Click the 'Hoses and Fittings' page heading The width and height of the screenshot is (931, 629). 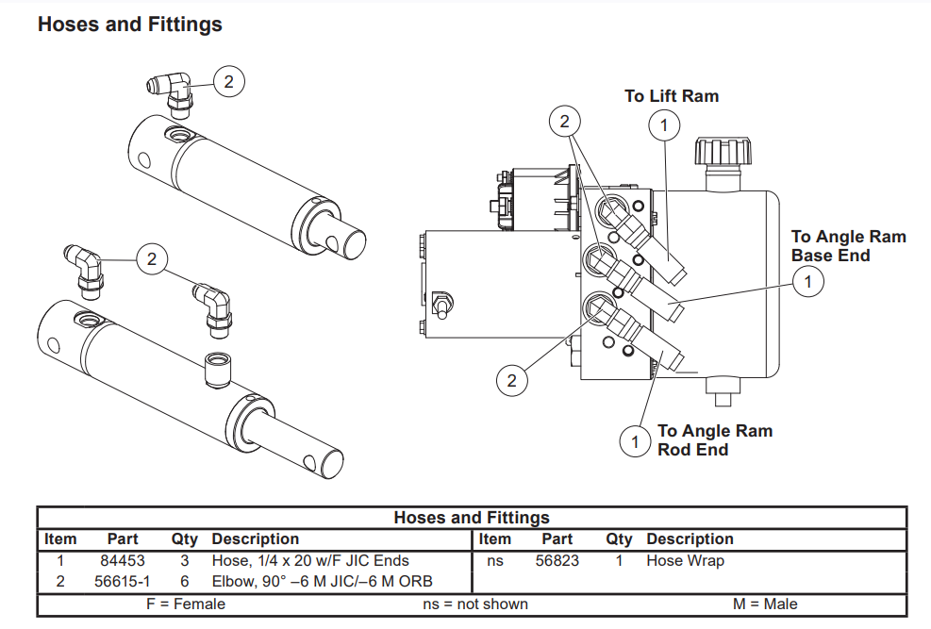point(130,25)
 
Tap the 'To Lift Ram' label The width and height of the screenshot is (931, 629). point(672,96)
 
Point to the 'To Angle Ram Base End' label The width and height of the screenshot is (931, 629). point(848,246)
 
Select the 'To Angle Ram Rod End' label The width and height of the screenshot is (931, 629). point(714,440)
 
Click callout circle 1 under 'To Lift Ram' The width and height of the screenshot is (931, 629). point(664,124)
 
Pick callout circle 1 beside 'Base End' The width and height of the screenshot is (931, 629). point(807,280)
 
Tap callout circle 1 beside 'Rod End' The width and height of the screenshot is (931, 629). point(635,440)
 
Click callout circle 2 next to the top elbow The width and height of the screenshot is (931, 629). point(228,82)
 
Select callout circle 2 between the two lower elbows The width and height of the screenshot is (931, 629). point(152,257)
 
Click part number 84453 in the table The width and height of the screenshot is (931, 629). point(123,560)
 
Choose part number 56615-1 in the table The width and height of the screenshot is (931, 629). point(123,581)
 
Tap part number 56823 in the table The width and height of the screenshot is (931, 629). point(557,560)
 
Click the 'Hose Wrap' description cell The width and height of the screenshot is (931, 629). point(685,560)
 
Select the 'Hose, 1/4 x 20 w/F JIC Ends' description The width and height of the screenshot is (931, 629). point(310,560)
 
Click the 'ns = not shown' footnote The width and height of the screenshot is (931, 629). point(475,604)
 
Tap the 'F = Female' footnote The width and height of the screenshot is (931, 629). point(186,604)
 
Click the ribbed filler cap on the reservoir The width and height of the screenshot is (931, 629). point(722,151)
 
